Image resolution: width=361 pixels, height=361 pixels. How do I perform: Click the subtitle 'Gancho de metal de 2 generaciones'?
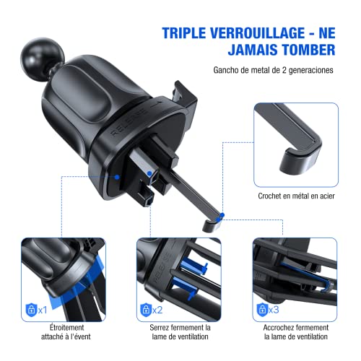[x=273, y=71]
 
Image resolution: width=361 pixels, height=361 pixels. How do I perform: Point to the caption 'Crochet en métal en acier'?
[x=297, y=195]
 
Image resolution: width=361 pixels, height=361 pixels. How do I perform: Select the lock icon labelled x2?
[x=146, y=309]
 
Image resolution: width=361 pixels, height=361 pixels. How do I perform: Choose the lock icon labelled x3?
[x=261, y=309]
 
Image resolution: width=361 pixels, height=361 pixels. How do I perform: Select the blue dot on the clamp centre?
[x=149, y=173]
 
